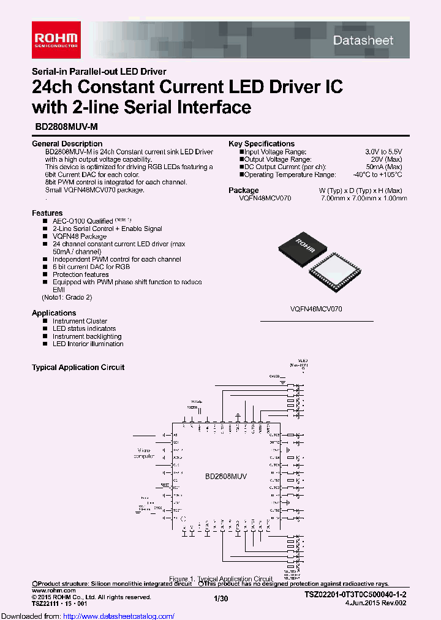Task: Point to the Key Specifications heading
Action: point(262,143)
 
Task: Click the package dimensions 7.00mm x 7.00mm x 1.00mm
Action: point(363,198)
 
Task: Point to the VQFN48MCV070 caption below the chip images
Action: point(317,309)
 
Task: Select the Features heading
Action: point(47,213)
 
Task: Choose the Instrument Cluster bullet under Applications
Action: point(80,321)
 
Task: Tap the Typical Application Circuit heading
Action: point(78,368)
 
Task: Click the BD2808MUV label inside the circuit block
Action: point(225,475)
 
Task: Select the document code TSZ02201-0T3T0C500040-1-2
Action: point(356,595)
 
